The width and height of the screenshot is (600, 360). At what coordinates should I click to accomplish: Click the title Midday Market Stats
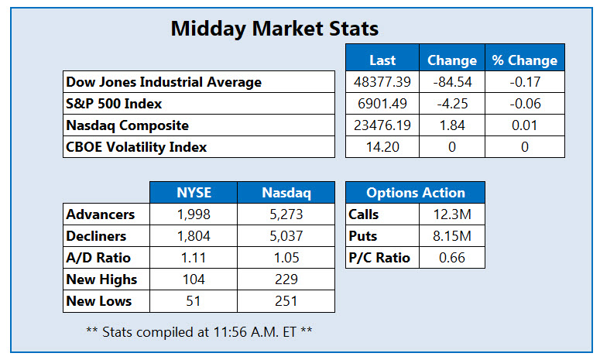(x=274, y=29)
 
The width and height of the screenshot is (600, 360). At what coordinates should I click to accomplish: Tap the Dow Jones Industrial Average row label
(x=164, y=82)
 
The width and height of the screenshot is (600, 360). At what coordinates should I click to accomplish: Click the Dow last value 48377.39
(x=382, y=82)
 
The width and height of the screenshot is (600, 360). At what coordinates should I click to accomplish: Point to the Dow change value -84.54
(x=451, y=82)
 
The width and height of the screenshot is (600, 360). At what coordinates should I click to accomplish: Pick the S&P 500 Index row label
(x=115, y=104)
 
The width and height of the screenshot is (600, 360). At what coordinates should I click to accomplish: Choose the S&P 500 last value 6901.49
(x=382, y=104)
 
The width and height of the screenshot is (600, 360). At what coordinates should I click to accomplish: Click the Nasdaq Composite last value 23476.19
(x=382, y=125)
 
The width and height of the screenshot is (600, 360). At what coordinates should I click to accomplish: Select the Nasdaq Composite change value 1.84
(x=451, y=125)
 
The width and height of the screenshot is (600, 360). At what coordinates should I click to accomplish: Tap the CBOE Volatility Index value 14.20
(x=382, y=147)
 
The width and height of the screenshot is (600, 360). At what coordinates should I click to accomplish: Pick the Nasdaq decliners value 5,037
(x=286, y=236)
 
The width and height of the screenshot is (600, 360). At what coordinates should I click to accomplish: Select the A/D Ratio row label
(x=98, y=258)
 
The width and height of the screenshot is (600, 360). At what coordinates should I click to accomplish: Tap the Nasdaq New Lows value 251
(x=286, y=301)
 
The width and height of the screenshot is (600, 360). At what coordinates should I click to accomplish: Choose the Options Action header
(x=416, y=193)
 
